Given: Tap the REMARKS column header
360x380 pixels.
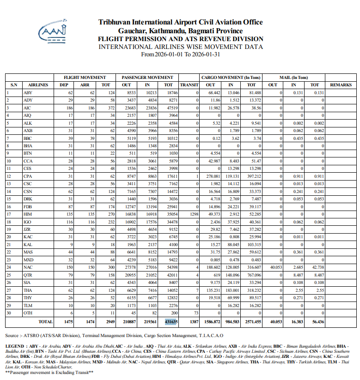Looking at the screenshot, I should click(341, 85).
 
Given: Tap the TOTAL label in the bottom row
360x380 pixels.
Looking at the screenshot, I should click(45, 320).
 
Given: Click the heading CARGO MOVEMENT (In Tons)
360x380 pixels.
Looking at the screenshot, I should click(231, 78).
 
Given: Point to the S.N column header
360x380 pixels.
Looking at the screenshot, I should click(13, 85).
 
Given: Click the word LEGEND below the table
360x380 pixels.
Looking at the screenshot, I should click(15, 345).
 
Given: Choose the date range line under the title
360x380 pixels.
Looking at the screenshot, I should click(180, 54).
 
